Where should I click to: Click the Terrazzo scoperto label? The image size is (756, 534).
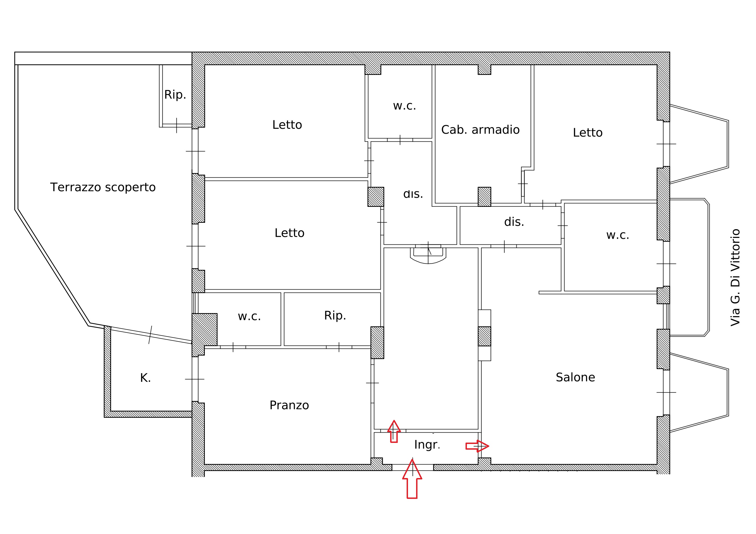(x=103, y=187)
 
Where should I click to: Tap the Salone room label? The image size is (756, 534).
(x=575, y=377)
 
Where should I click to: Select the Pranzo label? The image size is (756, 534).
(x=289, y=405)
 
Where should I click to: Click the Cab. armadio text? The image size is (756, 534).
(x=480, y=130)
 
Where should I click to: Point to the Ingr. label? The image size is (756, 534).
(x=427, y=445)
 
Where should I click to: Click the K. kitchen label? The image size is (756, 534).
(x=145, y=378)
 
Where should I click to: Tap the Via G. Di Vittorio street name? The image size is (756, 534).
(x=735, y=277)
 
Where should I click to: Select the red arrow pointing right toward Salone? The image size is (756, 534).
(x=477, y=446)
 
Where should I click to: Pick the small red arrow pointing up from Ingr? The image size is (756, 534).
(x=394, y=431)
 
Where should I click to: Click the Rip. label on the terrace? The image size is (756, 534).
(x=175, y=95)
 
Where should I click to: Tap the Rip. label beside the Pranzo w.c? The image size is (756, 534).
(x=335, y=316)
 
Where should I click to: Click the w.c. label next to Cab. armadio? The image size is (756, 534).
(x=404, y=106)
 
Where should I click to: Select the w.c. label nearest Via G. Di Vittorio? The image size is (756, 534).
(x=617, y=235)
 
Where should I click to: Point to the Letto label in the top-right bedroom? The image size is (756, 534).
(x=587, y=133)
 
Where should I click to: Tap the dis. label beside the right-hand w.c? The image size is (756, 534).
(x=514, y=222)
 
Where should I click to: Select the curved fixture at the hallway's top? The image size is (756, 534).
(x=428, y=256)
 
